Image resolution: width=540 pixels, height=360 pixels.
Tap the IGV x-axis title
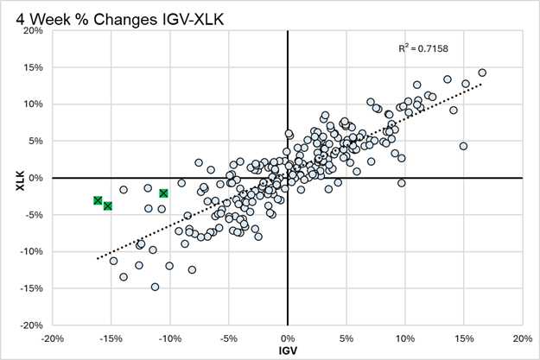click(287, 351)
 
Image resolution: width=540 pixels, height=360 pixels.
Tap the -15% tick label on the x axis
click(111, 338)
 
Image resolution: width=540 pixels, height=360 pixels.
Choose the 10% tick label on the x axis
click(404, 338)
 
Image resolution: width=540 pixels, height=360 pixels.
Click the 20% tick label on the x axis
click(522, 338)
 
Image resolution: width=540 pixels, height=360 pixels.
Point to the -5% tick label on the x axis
click(228, 338)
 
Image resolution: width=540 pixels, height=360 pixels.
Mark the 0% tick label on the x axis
click(287, 338)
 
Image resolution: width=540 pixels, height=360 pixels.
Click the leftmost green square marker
click(98, 200)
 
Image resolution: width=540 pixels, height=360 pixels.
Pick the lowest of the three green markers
click(108, 205)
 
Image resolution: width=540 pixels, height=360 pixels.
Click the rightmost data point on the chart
click(482, 73)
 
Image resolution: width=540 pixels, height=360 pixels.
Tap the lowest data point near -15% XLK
click(155, 287)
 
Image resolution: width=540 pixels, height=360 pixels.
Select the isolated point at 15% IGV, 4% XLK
click(463, 146)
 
